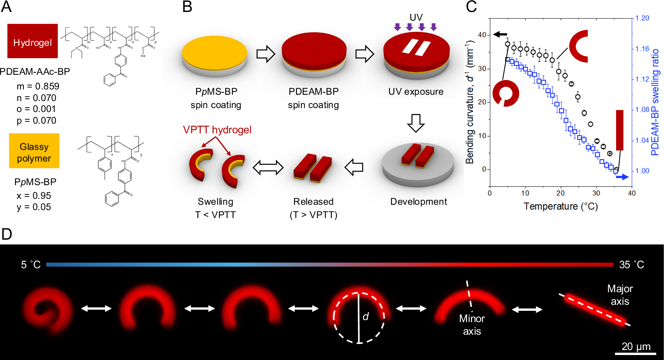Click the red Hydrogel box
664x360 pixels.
33,41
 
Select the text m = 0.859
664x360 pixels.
38,86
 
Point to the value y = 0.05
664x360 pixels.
34,207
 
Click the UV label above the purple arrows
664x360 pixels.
416,17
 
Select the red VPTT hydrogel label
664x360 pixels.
217,130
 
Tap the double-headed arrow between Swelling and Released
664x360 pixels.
268,168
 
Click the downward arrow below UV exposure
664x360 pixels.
416,123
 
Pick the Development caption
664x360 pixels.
419,201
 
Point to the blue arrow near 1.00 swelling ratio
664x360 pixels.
622,177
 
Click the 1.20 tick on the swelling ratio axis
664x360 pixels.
642,18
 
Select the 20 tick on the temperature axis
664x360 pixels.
561,193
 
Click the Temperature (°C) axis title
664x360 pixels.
561,206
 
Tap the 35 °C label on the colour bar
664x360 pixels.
631,265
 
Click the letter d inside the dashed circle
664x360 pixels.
366,316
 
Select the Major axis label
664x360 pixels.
620,295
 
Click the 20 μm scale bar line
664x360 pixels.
636,353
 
